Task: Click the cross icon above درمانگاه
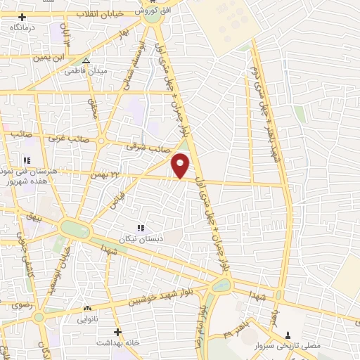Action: pyautogui.click(x=22, y=17)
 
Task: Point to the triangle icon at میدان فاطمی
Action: pyautogui.click(x=86, y=61)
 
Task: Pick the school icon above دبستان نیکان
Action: pyautogui.click(x=141, y=228)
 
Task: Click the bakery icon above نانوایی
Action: pyautogui.click(x=87, y=309)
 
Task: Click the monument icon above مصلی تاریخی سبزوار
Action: pyautogui.click(x=287, y=333)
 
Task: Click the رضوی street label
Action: pyautogui.click(x=16, y=306)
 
